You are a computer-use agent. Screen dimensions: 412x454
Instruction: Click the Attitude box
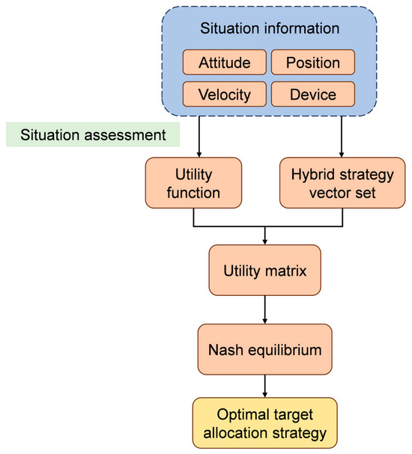225,62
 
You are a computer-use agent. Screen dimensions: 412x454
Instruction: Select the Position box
313,62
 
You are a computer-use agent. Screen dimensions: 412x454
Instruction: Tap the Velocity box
225,94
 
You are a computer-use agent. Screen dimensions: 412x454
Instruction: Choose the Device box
313,94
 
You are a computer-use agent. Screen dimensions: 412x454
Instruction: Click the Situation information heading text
270,28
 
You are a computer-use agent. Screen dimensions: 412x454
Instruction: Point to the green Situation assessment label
93,134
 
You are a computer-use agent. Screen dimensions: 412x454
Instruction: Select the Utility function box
193,183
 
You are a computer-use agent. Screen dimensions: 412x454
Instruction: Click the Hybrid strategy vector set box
342,183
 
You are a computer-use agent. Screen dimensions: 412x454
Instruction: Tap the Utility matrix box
265,270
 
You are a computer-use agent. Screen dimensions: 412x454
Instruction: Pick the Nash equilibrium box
265,349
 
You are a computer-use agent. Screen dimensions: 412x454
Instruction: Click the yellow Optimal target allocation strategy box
265,423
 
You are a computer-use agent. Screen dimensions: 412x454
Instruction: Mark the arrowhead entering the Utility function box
199,154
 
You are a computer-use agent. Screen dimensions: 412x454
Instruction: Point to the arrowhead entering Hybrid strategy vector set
342,154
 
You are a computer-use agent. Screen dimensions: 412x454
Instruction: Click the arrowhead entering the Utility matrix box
265,242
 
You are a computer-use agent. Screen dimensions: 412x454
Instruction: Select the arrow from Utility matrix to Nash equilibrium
265,310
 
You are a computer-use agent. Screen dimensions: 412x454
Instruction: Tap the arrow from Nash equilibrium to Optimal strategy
265,387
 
